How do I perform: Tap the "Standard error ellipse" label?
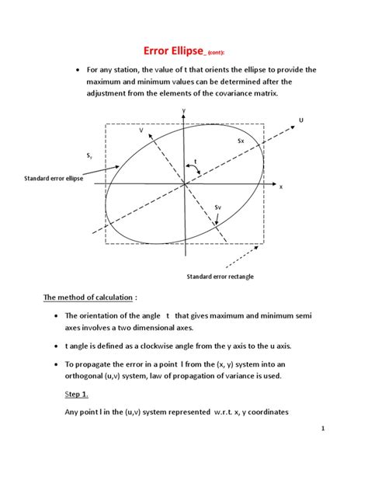tap(57, 179)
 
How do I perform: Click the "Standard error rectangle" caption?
tap(220, 277)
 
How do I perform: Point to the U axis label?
tap(301, 119)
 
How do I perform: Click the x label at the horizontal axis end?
tap(281, 187)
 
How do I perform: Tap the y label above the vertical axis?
tap(184, 111)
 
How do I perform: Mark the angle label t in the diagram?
tap(196, 161)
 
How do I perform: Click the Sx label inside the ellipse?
tap(241, 141)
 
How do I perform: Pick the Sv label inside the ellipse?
tap(218, 207)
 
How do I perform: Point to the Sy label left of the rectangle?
tap(90, 156)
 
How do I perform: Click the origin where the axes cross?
tap(184, 184)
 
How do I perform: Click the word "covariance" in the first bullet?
tap(224, 93)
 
